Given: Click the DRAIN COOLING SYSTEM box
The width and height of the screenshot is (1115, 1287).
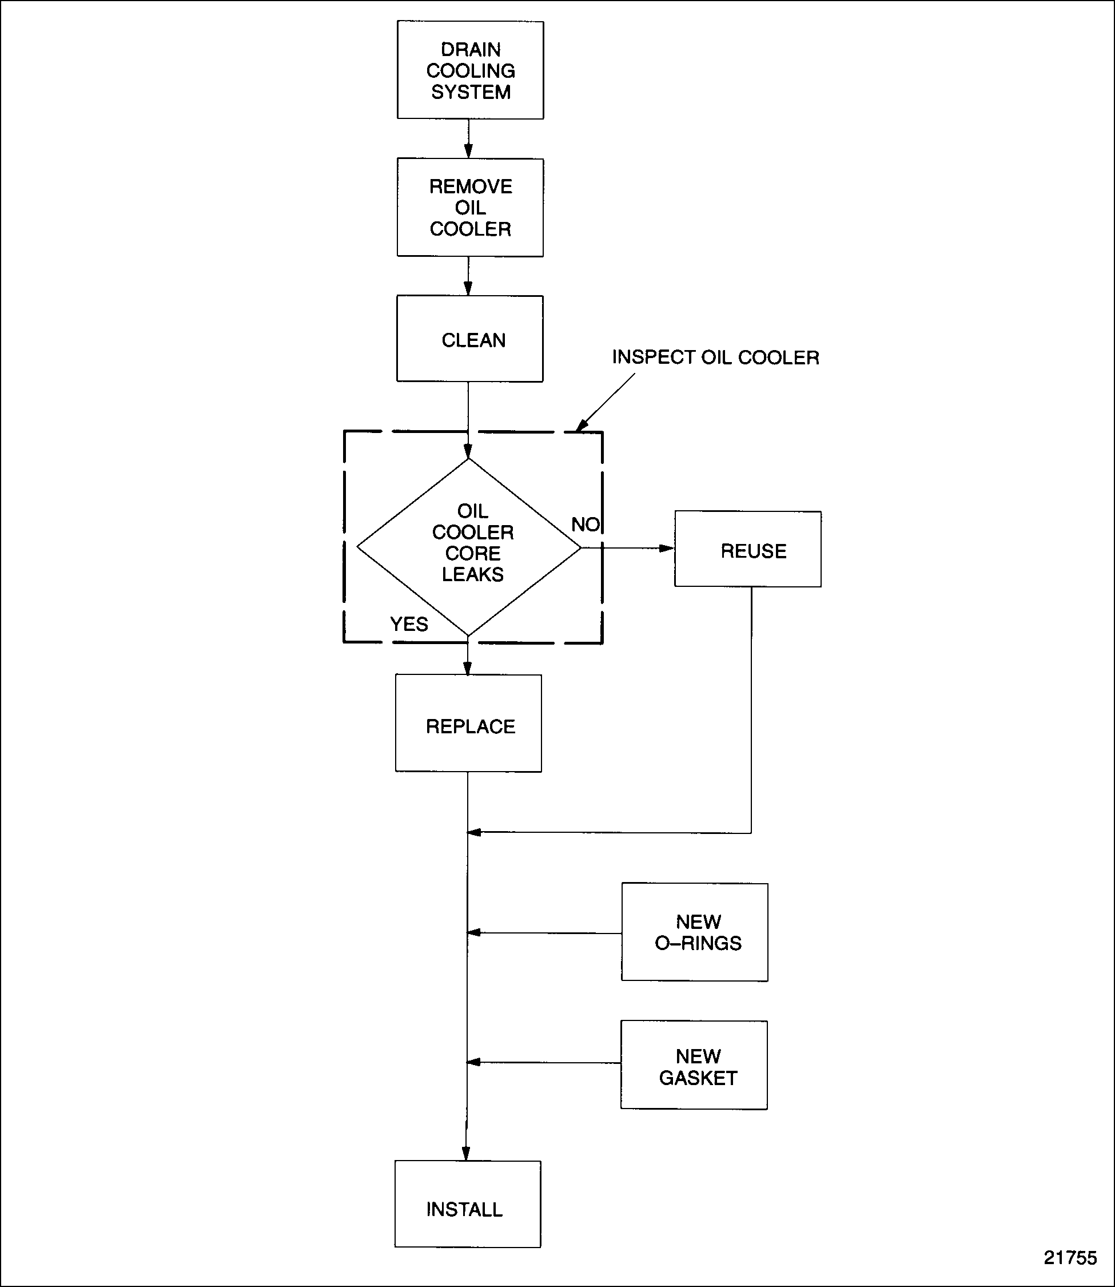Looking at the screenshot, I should pyautogui.click(x=471, y=70).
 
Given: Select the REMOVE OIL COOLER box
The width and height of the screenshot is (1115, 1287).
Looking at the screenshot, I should pyautogui.click(x=471, y=207).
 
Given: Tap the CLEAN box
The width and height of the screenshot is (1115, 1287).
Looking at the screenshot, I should pyautogui.click(x=471, y=339).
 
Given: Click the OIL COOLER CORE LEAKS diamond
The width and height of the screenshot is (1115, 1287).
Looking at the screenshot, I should pyautogui.click(x=469, y=547).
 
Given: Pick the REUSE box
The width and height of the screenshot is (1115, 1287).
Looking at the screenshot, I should pyautogui.click(x=748, y=550).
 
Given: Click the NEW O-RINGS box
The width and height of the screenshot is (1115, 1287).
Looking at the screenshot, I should pyautogui.click(x=695, y=932).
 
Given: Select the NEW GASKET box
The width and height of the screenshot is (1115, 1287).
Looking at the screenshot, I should pyautogui.click(x=694, y=1066).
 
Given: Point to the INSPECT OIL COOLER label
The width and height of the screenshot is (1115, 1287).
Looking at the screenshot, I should pyautogui.click(x=715, y=357).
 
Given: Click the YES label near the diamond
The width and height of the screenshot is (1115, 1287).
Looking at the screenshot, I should pyautogui.click(x=409, y=624).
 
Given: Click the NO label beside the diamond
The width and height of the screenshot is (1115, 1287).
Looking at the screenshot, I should pyautogui.click(x=585, y=525).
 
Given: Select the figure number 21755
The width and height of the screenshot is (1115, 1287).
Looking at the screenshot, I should pyautogui.click(x=1070, y=1258).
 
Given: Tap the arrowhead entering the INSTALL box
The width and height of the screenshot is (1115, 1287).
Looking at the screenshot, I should pyautogui.click(x=467, y=1153).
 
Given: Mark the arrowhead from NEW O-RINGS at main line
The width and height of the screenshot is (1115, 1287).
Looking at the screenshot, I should pyautogui.click(x=474, y=932).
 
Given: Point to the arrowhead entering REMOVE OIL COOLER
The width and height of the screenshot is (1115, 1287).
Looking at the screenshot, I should pyautogui.click(x=468, y=151).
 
